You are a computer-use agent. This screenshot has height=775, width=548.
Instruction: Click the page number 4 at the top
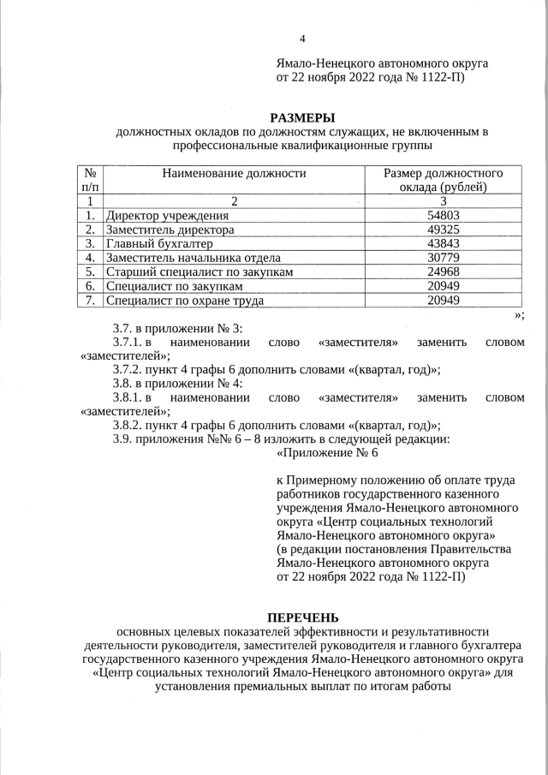click(x=302, y=39)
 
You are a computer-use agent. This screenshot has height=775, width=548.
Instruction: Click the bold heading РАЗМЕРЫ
click(x=302, y=117)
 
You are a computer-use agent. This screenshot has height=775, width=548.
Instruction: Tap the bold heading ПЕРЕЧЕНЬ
click(x=302, y=617)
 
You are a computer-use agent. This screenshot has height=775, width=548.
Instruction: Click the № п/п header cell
click(x=90, y=180)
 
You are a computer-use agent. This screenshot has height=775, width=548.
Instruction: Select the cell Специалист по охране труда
click(x=183, y=301)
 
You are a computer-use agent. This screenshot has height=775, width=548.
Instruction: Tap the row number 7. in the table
click(x=90, y=301)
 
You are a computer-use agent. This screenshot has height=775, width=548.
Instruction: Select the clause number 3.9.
click(x=124, y=439)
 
